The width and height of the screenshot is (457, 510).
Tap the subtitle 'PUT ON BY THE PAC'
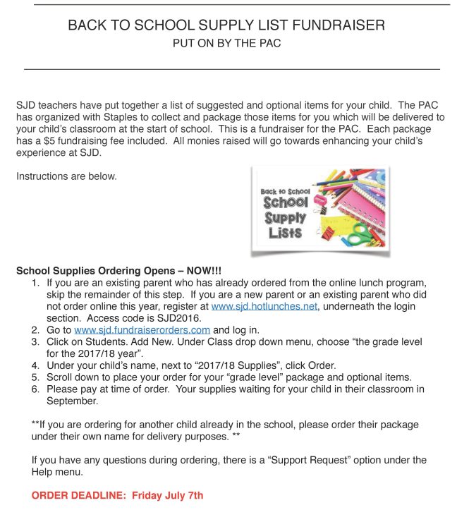(x=227, y=44)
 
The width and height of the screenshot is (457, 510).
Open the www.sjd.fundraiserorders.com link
(x=142, y=329)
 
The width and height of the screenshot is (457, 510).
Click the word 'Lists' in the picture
(x=284, y=232)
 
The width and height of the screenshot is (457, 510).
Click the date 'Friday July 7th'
(x=167, y=495)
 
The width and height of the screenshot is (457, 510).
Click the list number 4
(x=35, y=365)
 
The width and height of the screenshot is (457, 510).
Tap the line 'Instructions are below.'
(x=66, y=176)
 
